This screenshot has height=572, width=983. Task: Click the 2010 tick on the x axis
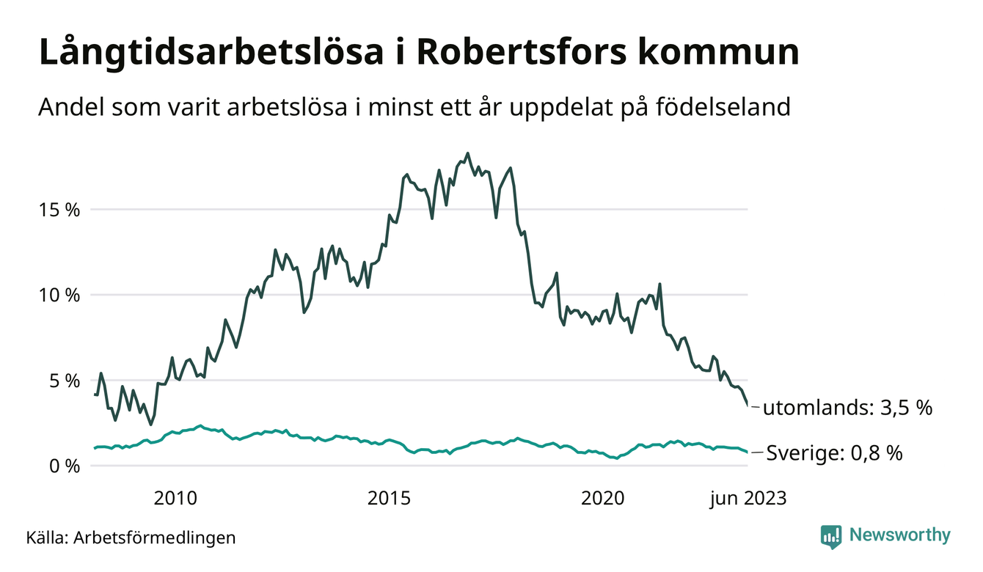pos(176,499)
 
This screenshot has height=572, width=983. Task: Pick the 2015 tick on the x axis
pos(390,499)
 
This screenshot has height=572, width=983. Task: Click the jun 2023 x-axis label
pos(748,499)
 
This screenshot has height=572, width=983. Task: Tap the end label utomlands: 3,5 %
pos(847,408)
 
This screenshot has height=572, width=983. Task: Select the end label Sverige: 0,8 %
pos(834,453)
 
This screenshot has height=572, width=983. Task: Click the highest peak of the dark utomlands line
pos(467,153)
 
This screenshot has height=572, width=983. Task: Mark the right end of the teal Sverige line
pos(748,452)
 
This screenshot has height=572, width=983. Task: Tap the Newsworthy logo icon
pos(830,536)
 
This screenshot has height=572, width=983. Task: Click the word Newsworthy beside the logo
pos(899,535)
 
